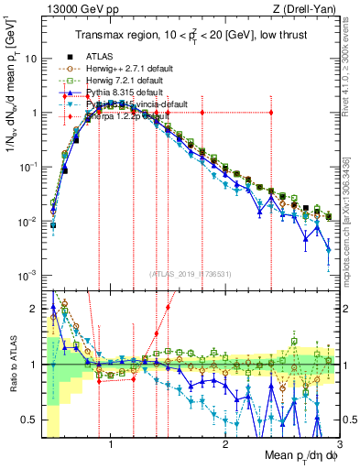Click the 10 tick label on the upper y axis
coord(29,59)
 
